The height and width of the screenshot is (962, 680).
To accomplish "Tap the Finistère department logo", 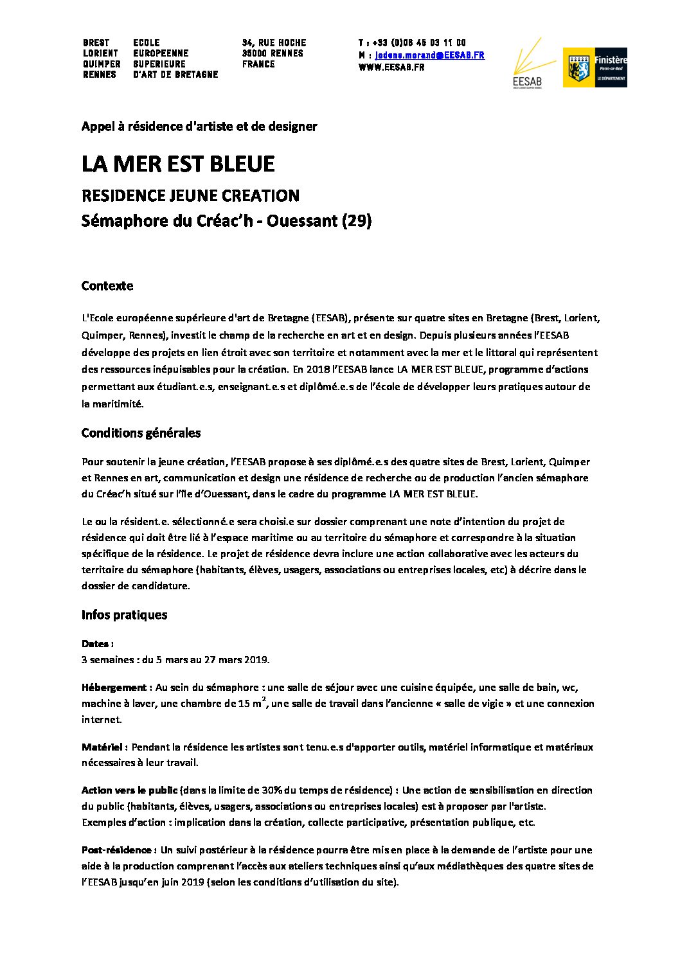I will coord(595,67).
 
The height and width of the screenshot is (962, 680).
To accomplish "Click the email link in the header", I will coord(430,55).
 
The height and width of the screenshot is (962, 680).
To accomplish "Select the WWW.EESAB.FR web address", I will coord(391,67).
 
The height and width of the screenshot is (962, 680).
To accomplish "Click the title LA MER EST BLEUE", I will coord(178,165).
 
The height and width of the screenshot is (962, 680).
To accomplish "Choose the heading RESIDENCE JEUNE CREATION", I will coord(190,195).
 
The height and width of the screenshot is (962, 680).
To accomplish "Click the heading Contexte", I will coord(107,286).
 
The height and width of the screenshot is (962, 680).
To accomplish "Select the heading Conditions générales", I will coord(141,433).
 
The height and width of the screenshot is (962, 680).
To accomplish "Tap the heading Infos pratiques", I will coord(124,615).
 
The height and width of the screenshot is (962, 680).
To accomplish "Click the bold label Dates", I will coord(96,643).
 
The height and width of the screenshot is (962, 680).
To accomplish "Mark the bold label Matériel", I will coord(103,747).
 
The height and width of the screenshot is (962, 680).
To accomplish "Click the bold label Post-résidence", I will coord(116,850).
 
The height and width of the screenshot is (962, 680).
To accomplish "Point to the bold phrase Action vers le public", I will coord(129,790).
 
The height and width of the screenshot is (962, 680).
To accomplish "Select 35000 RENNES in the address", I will coord(273,53).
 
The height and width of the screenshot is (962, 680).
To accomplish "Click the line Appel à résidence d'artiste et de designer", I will coord(199,127).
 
